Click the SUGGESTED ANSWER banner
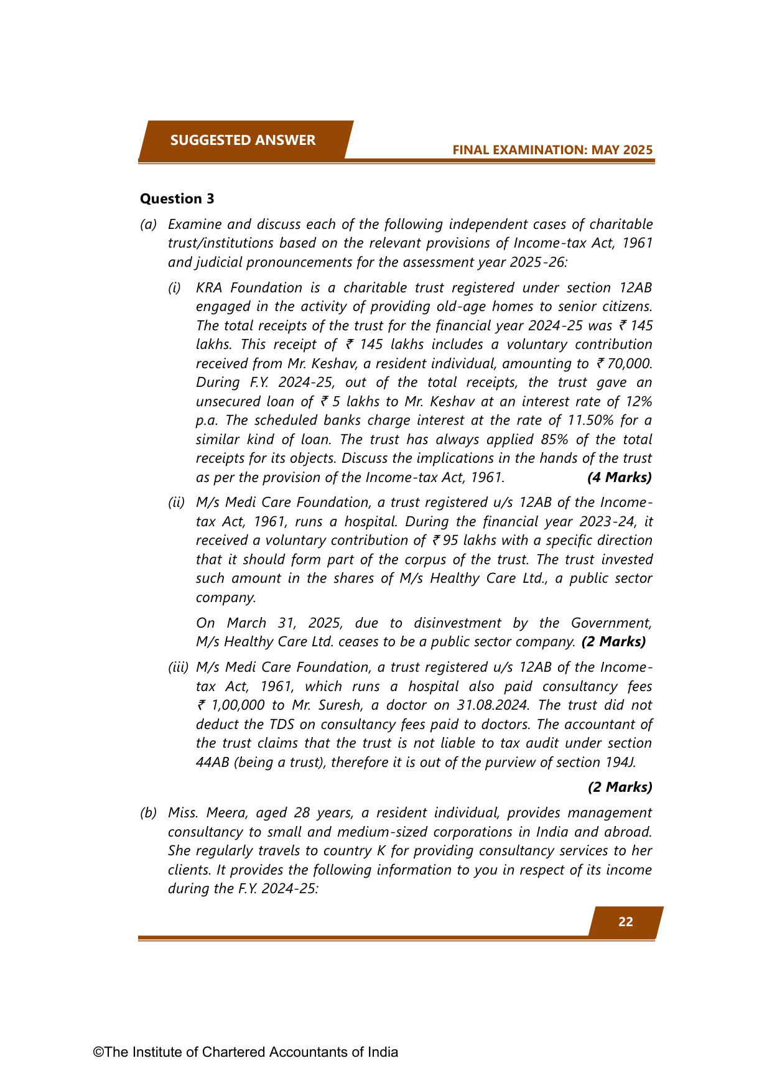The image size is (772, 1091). [243, 140]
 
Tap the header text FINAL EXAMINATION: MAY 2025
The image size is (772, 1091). [552, 150]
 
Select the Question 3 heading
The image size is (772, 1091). [177, 198]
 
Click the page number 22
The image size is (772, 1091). [625, 922]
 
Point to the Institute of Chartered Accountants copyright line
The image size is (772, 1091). [246, 1052]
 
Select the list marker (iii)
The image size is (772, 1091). [178, 667]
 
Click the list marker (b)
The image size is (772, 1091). [148, 813]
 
